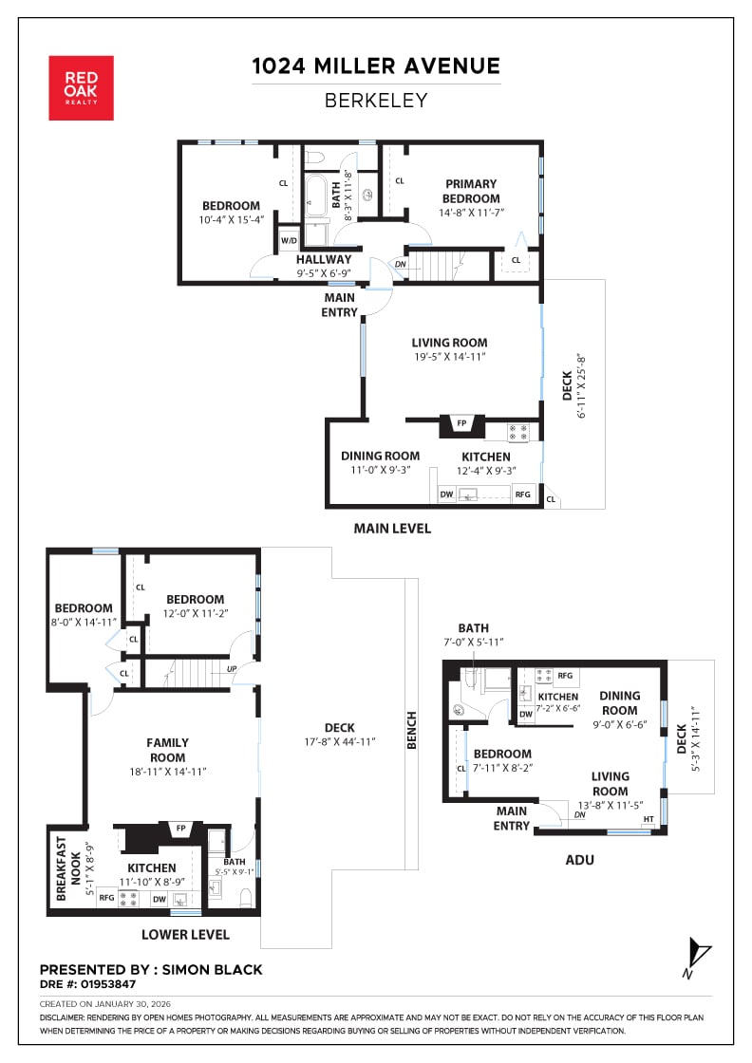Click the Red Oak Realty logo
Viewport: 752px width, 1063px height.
point(81,88)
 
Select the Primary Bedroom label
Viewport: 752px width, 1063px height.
point(471,191)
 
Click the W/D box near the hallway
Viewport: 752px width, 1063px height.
point(289,240)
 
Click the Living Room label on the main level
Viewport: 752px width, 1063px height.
point(449,343)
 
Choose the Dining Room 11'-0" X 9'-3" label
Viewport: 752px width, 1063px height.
point(381,462)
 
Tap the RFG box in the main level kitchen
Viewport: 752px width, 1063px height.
point(523,494)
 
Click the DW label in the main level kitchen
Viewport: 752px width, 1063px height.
point(446,494)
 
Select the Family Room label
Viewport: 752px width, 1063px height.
point(167,750)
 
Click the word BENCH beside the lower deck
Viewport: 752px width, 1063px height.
point(411,730)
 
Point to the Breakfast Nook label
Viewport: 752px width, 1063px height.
point(67,868)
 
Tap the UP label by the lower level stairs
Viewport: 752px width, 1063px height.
point(232,669)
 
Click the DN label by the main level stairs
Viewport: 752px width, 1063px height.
point(401,265)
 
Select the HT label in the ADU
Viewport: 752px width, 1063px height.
point(649,819)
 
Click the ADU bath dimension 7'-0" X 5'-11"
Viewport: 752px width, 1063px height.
point(473,642)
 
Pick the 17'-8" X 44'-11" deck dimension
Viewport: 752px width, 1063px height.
point(339,741)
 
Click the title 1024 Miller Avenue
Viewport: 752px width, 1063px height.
point(376,65)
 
